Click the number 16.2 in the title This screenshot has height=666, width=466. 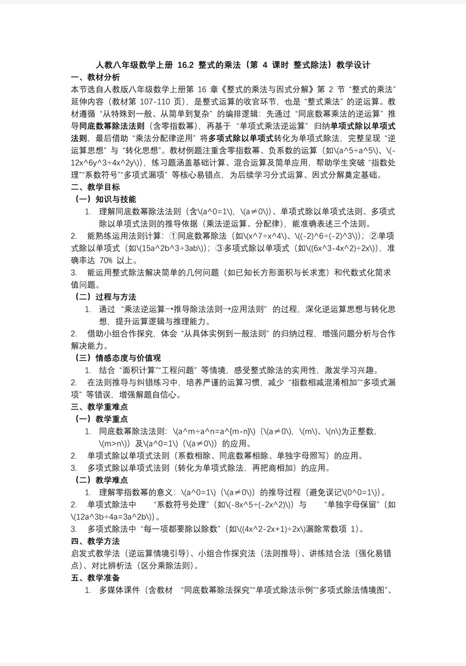(188, 65)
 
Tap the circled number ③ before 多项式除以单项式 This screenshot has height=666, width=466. (219, 248)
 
